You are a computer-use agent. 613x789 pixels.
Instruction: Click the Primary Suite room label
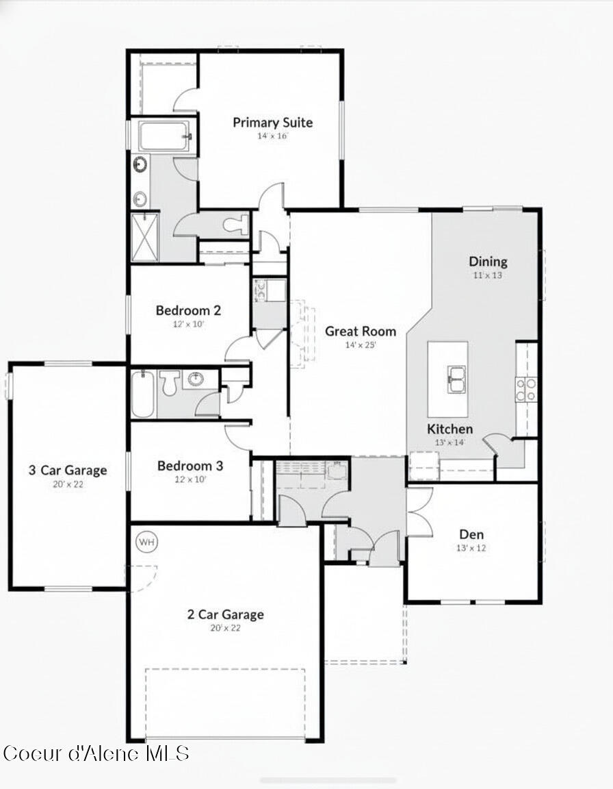click(272, 123)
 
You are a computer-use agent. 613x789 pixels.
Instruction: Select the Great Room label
click(360, 331)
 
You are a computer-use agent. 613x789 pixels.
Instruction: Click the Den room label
click(471, 534)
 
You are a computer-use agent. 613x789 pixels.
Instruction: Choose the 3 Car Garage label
click(67, 471)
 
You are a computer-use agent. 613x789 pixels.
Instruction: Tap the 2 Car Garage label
click(225, 614)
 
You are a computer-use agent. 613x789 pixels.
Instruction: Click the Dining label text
click(488, 261)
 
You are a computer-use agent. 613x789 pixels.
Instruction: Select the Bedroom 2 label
click(188, 310)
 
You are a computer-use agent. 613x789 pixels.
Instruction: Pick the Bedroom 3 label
click(190, 466)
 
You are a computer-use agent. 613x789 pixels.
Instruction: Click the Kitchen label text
click(449, 429)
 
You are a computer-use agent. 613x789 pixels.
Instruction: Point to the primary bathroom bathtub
click(164, 136)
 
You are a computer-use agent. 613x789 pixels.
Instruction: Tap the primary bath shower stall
click(144, 236)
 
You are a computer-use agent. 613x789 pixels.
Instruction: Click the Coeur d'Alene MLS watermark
click(96, 753)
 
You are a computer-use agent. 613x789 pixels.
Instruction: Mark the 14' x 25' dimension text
click(361, 345)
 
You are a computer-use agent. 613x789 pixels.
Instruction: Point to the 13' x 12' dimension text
click(471, 548)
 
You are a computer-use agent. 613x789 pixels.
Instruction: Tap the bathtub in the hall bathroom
click(142, 394)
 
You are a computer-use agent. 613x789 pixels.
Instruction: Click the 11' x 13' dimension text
click(488, 275)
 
